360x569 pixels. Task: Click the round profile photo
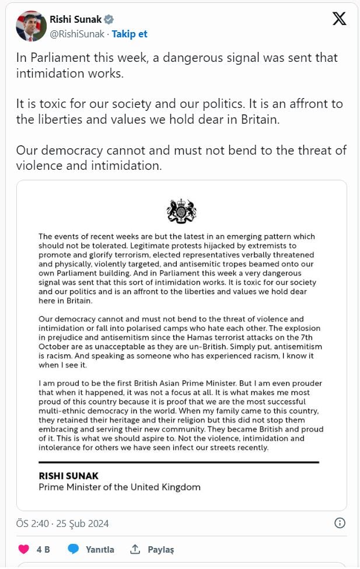31,26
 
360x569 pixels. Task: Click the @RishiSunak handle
77,34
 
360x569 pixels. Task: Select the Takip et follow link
130,34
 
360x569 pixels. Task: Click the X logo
339,19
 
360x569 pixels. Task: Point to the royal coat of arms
181,211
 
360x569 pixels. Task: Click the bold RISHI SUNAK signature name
69,476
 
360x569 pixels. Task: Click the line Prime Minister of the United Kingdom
120,487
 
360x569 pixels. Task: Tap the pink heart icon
23,549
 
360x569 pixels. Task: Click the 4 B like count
43,549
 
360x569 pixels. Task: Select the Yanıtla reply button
100,549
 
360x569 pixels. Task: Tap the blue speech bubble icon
73,549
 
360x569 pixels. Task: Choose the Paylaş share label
160,549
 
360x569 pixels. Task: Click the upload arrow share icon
135,549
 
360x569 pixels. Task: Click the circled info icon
340,522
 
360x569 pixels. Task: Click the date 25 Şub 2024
83,523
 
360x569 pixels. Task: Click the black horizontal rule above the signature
179,462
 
